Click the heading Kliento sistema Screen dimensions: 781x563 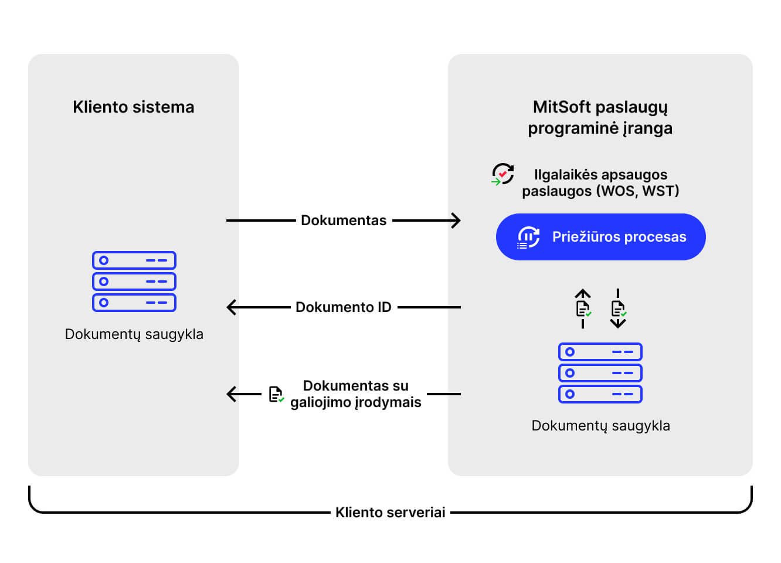(134, 107)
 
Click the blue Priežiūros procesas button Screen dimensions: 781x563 (601, 237)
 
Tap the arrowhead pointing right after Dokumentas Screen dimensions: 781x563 (456, 221)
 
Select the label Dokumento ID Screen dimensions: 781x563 (344, 307)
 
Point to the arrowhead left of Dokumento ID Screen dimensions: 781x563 (232, 307)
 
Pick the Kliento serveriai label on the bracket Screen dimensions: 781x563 (390, 513)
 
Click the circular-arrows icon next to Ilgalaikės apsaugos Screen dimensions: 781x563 (502, 174)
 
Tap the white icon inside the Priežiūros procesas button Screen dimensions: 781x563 (528, 237)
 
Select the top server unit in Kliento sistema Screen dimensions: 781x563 (134, 260)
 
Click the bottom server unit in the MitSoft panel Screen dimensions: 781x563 (600, 394)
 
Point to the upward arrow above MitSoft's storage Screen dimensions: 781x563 (583, 308)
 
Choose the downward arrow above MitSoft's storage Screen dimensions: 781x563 (618, 308)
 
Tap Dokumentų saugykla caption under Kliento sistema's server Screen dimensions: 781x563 (134, 334)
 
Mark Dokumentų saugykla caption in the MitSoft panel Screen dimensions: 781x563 (601, 426)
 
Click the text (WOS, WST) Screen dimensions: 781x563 (638, 191)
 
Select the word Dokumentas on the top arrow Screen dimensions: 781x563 (344, 221)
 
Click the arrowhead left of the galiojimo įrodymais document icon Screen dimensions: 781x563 (232, 394)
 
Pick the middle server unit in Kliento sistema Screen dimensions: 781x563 (134, 281)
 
